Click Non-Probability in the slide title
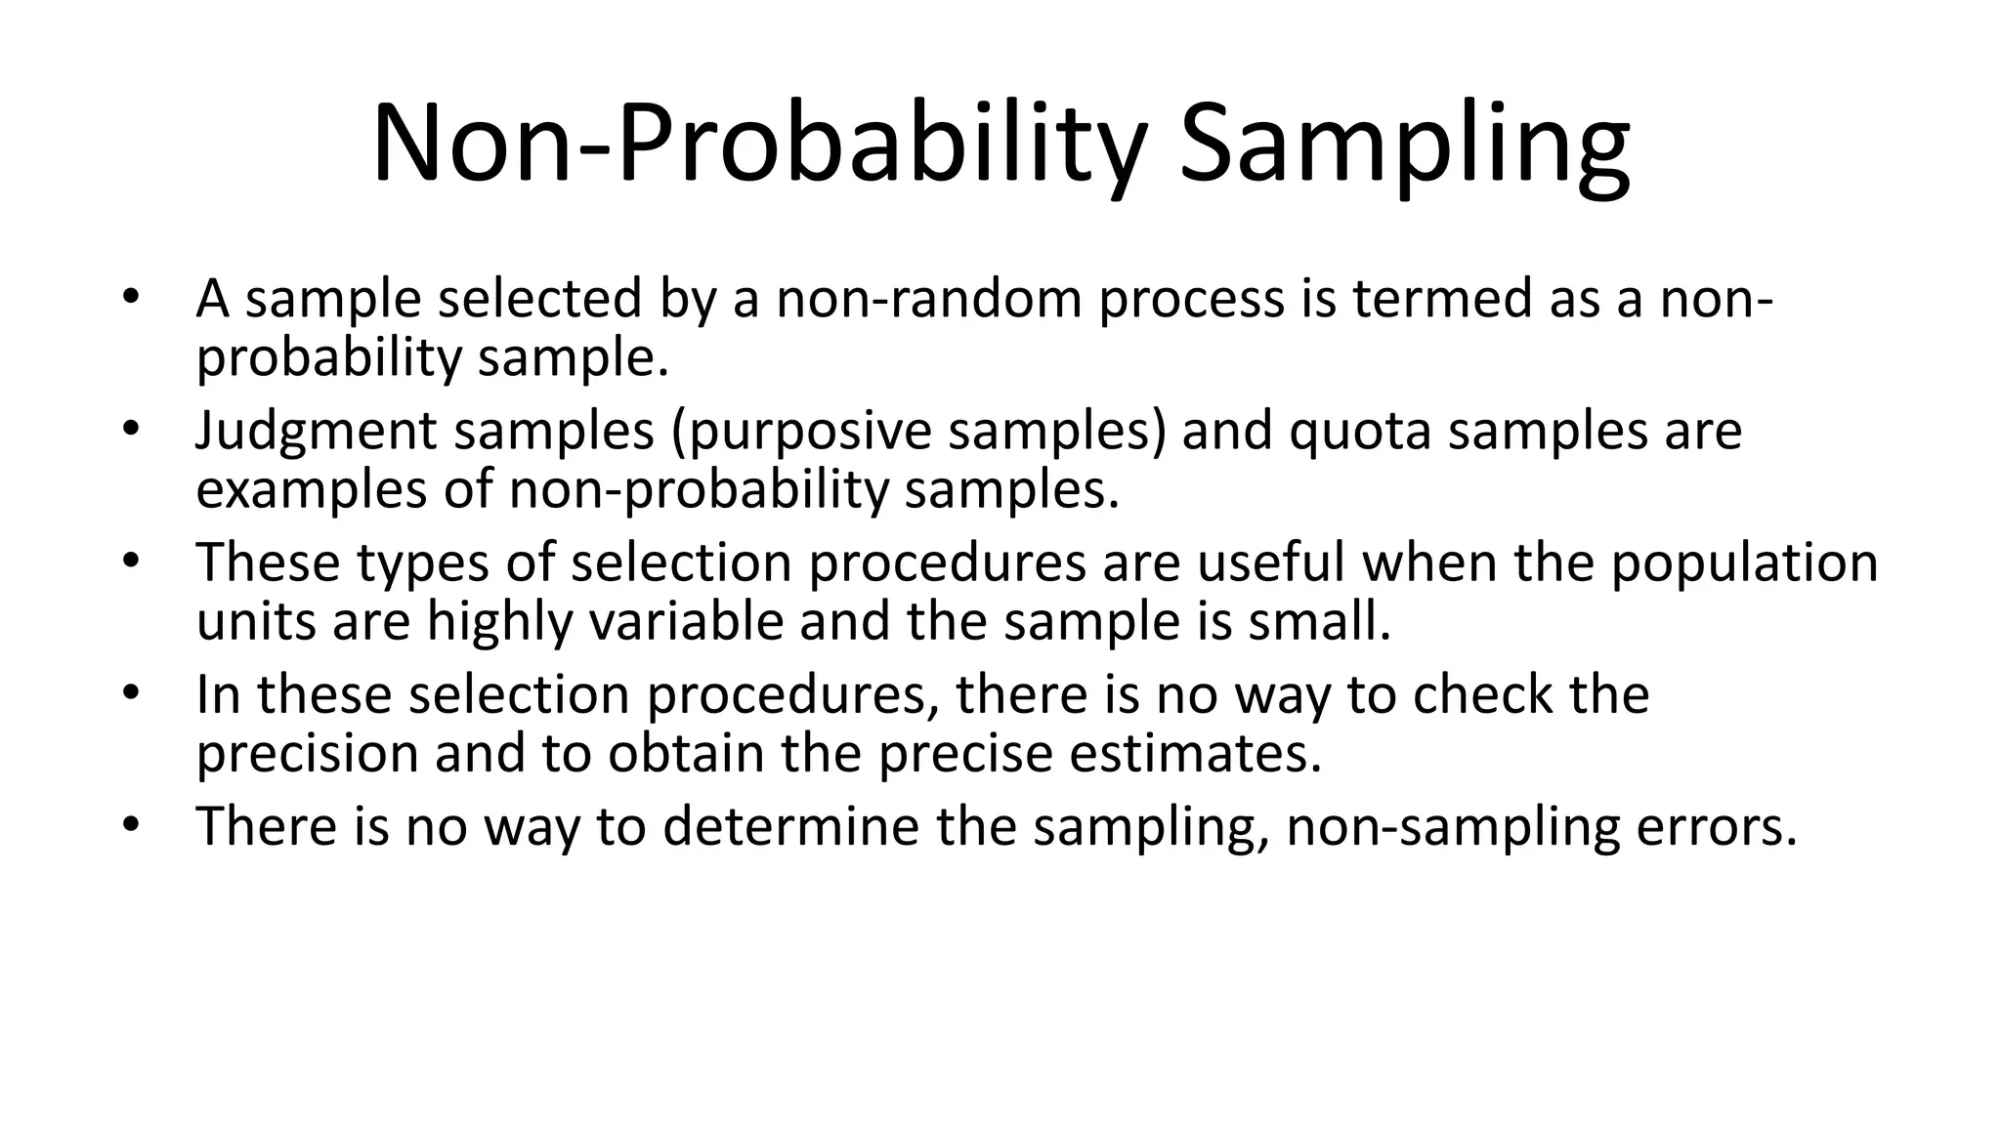coord(757,146)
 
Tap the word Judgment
coord(316,432)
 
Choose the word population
coord(1744,563)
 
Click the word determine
coord(790,827)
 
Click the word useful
coord(1272,563)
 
